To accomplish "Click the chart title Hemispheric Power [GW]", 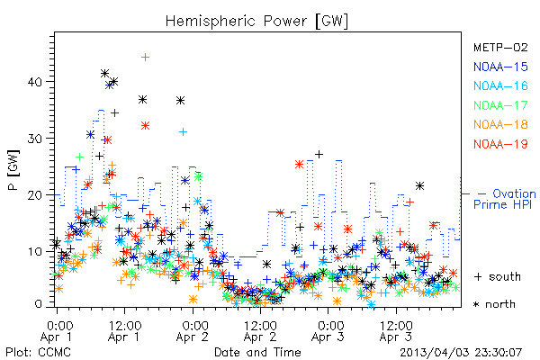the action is [256, 21].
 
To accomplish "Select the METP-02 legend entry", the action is [500, 47].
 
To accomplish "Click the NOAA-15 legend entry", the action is [500, 67].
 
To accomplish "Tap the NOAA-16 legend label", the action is [500, 85].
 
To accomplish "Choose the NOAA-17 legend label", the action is [500, 105].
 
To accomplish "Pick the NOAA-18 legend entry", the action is [500, 124].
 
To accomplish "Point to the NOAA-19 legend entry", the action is [500, 144].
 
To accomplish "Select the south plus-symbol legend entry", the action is [498, 276].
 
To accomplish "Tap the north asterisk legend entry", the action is [494, 304].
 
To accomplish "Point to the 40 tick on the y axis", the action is [35, 82].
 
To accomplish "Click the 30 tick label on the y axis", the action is [35, 139].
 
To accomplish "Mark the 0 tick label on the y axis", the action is [39, 304].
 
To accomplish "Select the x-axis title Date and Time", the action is [257, 352].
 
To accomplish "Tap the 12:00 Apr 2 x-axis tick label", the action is [260, 331].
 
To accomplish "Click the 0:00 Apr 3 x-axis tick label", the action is [328, 331].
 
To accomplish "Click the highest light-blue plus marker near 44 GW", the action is [145, 57].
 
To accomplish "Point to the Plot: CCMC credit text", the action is [38, 352].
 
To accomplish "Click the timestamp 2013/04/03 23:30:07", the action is [461, 352].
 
